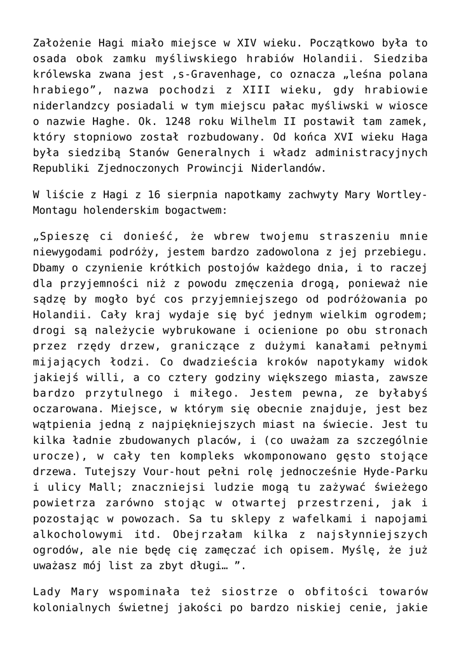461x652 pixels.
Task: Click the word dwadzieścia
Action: [x=176, y=359]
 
